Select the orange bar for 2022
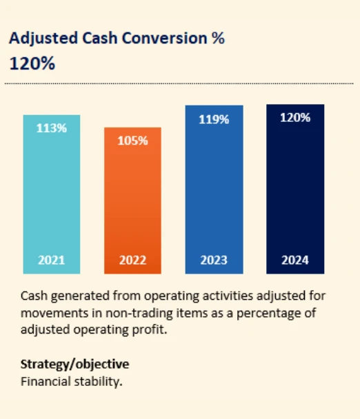click(x=132, y=201)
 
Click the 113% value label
click(x=51, y=127)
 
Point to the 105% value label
click(x=132, y=141)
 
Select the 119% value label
click(x=214, y=119)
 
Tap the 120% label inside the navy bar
click(x=295, y=118)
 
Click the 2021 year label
click(x=51, y=260)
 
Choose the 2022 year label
click(x=132, y=260)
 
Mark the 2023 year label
click(x=214, y=260)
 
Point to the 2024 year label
click(x=295, y=260)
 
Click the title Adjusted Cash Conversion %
click(x=117, y=39)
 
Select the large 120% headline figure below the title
click(x=32, y=63)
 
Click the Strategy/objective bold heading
click(x=74, y=364)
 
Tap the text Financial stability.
click(x=72, y=380)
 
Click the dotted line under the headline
click(x=179, y=83)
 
